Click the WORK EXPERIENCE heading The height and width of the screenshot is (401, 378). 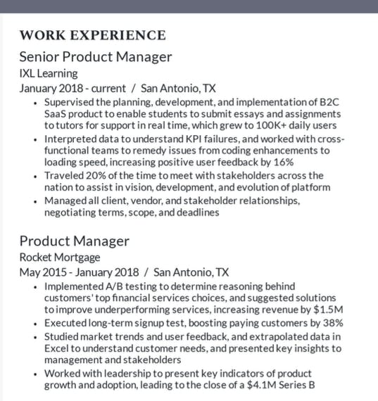tap(92, 35)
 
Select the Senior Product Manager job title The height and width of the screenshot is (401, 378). tap(95, 57)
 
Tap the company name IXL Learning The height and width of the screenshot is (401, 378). tap(48, 73)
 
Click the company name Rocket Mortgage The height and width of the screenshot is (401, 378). tap(59, 257)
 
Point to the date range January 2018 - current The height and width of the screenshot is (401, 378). tap(72, 89)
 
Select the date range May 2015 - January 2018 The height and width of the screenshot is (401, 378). tap(79, 272)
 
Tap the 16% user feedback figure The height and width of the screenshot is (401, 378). tap(299, 162)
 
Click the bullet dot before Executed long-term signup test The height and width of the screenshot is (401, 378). tap(37, 324)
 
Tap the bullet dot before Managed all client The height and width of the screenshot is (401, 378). tap(37, 202)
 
